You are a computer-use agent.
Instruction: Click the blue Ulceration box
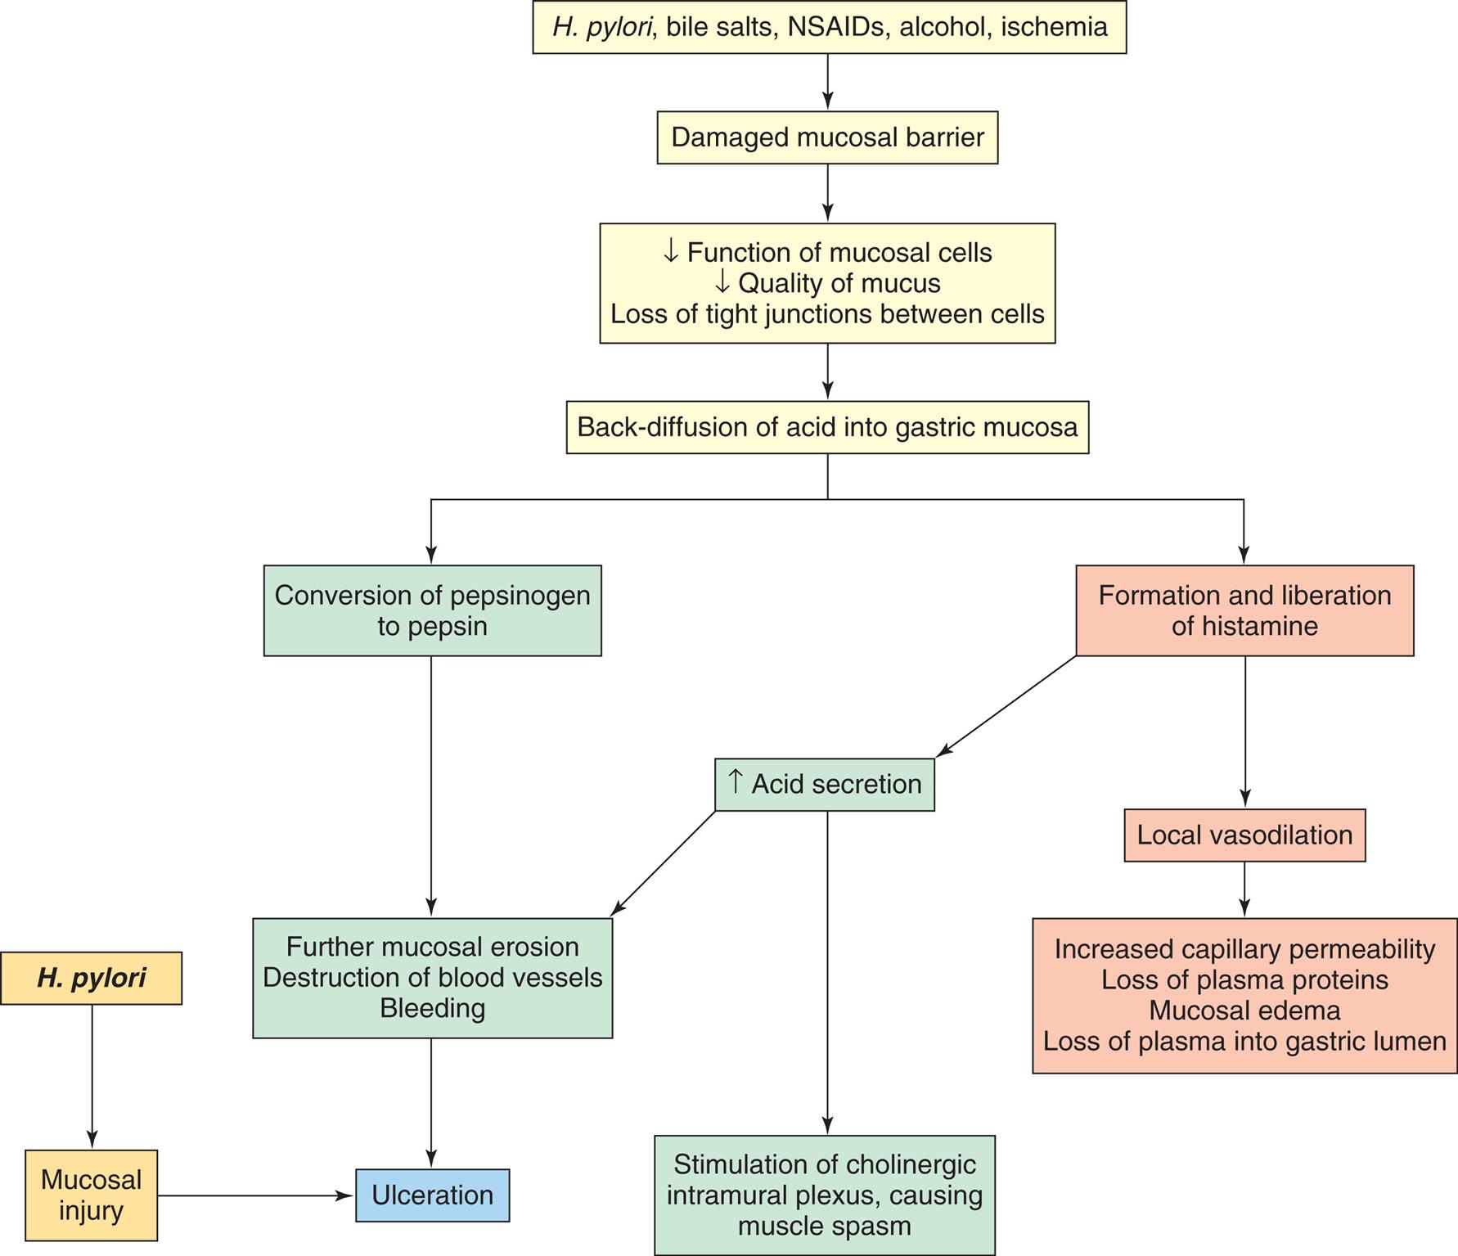point(432,1195)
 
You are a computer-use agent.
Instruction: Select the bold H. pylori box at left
point(91,978)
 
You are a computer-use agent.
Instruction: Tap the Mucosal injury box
point(91,1195)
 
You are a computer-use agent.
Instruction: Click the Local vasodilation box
point(1244,835)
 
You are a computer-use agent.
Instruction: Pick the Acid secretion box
point(824,784)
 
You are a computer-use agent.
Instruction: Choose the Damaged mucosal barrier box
point(827,137)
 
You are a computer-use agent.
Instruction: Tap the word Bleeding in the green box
point(432,1008)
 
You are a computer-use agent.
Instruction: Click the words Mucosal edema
point(1244,1011)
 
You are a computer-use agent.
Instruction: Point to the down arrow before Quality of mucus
point(721,283)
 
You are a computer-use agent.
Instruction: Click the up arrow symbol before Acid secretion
point(735,782)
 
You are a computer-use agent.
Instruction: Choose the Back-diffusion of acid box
point(827,427)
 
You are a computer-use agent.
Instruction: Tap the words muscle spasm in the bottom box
point(824,1226)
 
